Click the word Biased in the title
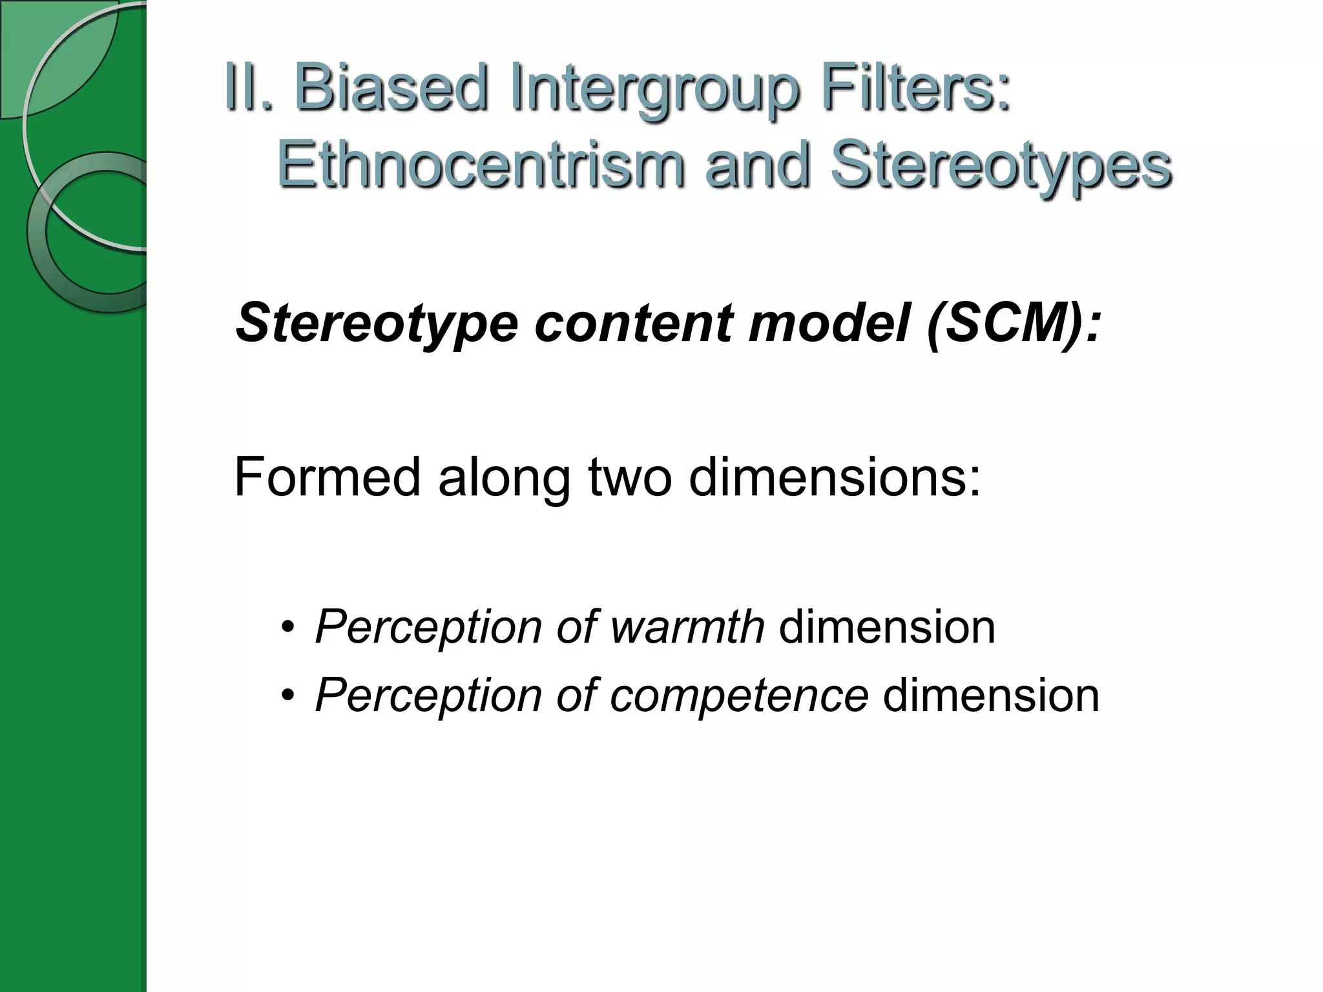390,88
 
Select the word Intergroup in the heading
653,90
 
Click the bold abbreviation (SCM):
1013,323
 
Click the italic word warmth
687,626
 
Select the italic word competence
738,696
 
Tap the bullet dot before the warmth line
287,628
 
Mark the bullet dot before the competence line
287,696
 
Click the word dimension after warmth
887,626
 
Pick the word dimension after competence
990,696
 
